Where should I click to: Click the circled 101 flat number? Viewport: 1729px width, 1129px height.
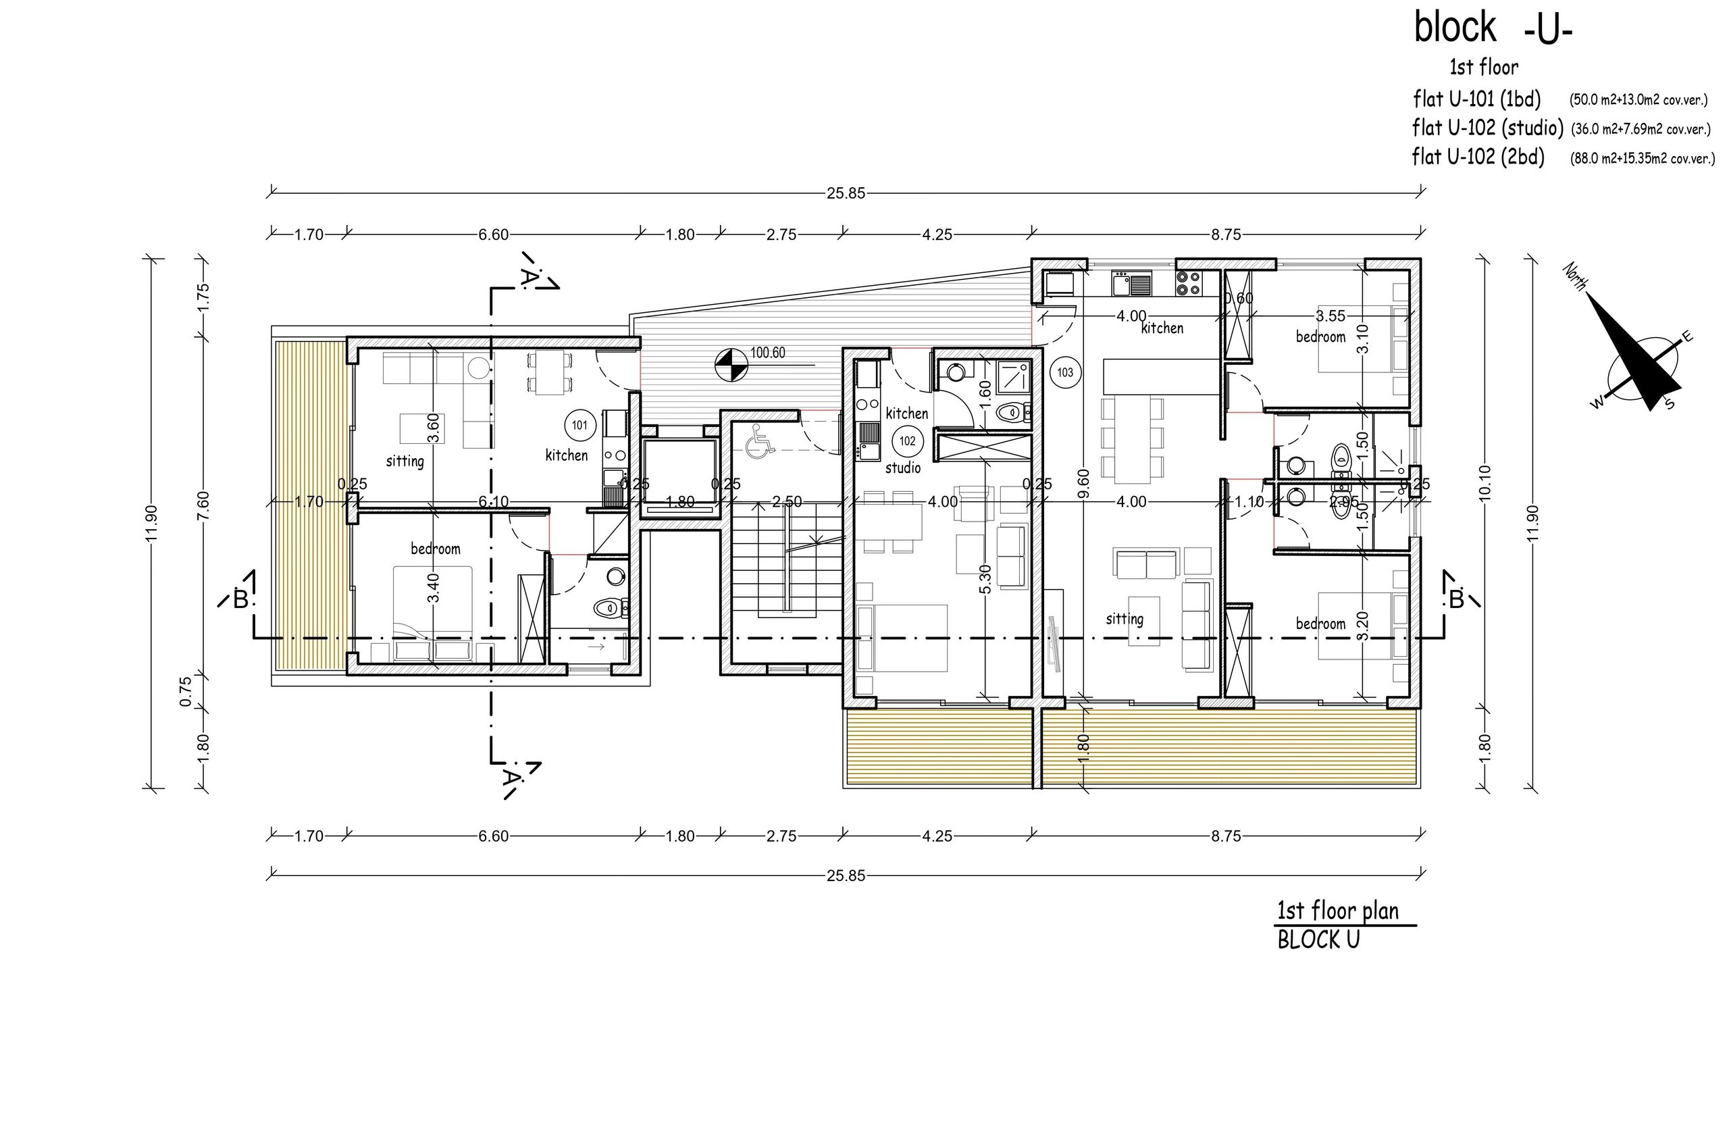(579, 425)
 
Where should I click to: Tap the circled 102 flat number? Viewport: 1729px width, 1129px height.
(907, 441)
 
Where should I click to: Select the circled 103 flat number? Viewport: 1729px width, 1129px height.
(1065, 373)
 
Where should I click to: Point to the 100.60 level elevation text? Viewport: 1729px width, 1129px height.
(768, 353)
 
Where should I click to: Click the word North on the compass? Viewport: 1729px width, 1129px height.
(1574, 277)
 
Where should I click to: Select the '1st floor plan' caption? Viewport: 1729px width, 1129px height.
(1337, 911)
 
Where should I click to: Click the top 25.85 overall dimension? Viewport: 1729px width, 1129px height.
(846, 193)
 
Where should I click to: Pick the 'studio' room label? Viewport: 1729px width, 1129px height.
(903, 468)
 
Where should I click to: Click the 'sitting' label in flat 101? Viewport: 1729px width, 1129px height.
(405, 461)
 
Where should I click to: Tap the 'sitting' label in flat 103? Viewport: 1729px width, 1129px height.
(1125, 619)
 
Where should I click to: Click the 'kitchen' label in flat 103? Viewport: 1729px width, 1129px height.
(1162, 328)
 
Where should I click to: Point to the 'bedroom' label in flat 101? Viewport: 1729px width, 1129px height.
(435, 549)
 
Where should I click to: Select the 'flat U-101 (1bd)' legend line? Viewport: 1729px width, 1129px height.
(1477, 98)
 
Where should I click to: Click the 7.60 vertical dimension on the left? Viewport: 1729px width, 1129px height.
(203, 505)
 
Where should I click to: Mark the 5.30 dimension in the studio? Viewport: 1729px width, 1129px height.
(985, 579)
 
